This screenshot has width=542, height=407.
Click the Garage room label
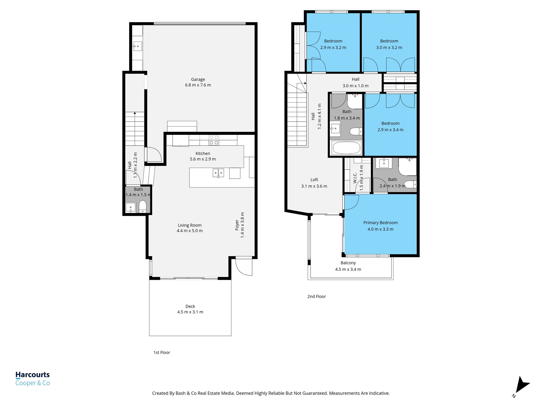198,79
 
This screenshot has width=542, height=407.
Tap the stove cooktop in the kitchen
214,140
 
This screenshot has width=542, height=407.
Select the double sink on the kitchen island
218,173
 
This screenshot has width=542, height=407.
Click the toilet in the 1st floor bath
143,206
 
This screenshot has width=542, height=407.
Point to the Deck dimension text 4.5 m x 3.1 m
190,312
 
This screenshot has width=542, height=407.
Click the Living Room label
189,225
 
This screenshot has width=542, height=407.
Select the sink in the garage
138,46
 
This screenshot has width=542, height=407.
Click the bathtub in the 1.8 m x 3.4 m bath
346,148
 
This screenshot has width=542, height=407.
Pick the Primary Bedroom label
380,223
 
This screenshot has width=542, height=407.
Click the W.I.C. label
355,178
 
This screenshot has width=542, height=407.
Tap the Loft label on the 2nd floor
314,180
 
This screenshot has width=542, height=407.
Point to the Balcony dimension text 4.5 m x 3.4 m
348,269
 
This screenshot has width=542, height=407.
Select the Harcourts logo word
33,375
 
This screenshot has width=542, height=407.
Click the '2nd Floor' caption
317,297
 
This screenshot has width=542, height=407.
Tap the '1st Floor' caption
162,352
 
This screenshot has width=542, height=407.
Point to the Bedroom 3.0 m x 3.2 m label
389,41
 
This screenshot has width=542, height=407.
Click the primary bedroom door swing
351,202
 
